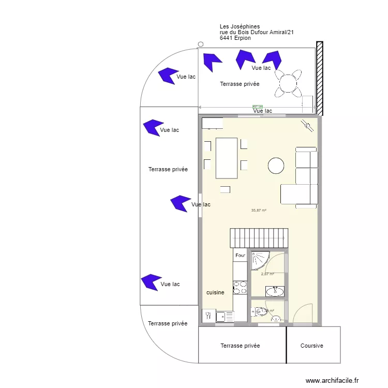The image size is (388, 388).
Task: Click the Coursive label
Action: click(312, 346)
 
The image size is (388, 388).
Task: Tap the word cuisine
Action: click(215, 292)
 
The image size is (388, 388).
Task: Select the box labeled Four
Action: click(240, 256)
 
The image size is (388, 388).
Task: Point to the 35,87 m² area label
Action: click(259, 211)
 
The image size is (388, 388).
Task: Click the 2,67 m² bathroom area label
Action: click(267, 274)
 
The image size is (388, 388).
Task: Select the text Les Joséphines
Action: click(240, 26)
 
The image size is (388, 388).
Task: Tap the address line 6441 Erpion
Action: click(235, 38)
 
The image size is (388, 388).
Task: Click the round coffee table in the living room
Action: click(276, 166)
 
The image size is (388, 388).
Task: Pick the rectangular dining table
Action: click(227, 157)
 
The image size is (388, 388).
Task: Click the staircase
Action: click(259, 238)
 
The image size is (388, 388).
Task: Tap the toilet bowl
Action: click(261, 311)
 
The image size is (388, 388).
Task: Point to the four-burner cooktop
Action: click(240, 288)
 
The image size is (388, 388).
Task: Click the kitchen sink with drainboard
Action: click(225, 316)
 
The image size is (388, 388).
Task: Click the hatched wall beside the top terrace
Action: click(320, 78)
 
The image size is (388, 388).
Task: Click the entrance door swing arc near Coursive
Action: click(303, 313)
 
